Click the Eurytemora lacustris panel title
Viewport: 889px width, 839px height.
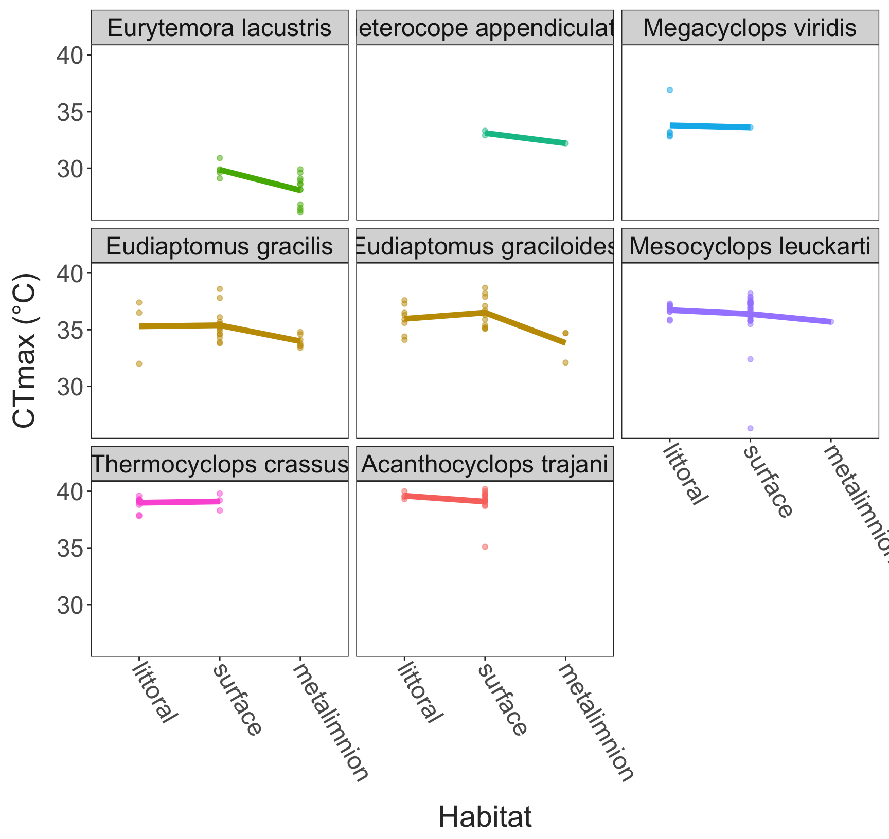(219, 28)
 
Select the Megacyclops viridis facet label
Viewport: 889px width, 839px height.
(750, 28)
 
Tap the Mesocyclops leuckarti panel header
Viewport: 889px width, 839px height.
(750, 246)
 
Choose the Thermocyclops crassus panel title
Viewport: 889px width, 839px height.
(219, 465)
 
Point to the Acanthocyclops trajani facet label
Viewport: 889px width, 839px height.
(485, 465)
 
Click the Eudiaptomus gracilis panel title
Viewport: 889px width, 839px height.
(219, 246)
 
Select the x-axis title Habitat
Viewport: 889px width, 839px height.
(485, 817)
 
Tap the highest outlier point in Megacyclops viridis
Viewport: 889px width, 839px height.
(669, 90)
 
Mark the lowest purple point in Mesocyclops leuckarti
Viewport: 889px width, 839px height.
(750, 428)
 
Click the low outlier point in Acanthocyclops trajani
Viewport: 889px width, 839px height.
(485, 546)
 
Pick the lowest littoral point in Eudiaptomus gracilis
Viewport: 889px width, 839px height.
(139, 363)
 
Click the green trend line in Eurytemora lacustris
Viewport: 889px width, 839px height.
(260, 179)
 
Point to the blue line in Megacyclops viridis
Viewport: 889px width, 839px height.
(710, 126)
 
